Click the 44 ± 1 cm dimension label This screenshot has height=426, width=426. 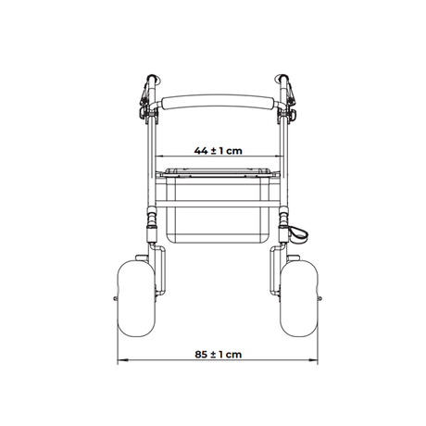tap(218, 151)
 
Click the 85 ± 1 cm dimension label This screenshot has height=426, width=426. tap(218, 355)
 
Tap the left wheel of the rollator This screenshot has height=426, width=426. tap(136, 299)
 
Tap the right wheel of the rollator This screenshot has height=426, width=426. tap(299, 299)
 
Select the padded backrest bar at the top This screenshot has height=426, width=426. tap(218, 102)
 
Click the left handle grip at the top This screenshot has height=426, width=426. tap(152, 80)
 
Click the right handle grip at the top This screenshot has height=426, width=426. tap(283, 80)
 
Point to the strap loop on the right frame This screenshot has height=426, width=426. tap(298, 233)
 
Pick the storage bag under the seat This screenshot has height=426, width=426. tap(218, 213)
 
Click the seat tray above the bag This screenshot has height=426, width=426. tap(218, 172)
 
